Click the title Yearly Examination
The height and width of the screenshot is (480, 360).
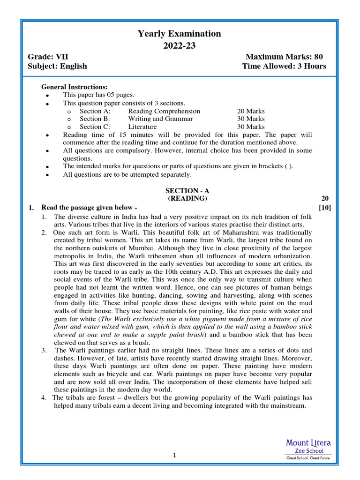point(179,34)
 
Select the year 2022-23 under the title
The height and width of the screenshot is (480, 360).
point(179,45)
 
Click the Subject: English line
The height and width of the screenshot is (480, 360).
point(58,66)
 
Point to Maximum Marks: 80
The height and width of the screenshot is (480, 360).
point(284,57)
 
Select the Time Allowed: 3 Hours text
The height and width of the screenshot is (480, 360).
point(284,66)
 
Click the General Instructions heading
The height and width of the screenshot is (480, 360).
point(75,87)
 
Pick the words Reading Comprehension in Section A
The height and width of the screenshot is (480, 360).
point(164,111)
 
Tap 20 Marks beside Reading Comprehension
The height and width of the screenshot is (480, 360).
point(251,111)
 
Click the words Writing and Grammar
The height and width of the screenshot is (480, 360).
point(160,119)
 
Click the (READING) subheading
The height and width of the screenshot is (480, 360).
point(187,198)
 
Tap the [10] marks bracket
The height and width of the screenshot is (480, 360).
point(324,208)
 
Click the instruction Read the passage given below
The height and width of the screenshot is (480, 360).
point(89,208)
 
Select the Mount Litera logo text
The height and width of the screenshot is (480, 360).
point(308,443)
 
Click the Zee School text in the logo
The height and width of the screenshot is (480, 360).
point(308,450)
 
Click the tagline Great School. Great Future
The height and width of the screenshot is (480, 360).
point(308,457)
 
